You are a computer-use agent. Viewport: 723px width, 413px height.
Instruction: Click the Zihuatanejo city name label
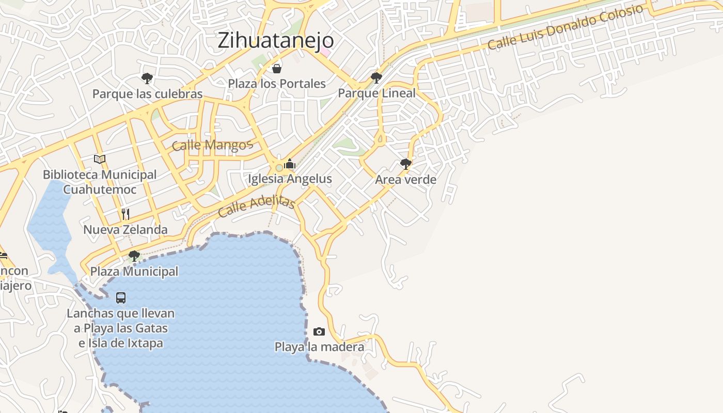276,40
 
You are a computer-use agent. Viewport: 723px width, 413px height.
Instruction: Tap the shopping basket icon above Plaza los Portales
277,69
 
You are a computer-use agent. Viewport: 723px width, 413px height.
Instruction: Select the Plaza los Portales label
277,84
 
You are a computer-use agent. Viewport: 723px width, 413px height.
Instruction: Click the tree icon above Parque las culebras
147,78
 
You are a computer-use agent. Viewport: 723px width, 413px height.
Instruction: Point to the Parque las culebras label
147,94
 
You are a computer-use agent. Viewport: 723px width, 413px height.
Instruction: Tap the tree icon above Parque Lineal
376,78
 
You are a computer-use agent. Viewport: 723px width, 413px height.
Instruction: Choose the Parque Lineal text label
376,93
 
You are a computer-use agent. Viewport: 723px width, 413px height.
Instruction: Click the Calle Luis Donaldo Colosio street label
565,27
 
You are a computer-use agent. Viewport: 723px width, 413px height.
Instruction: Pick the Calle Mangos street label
212,145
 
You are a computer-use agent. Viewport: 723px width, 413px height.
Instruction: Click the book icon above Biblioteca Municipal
100,159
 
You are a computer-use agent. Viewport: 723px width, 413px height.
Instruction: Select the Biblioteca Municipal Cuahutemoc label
100,182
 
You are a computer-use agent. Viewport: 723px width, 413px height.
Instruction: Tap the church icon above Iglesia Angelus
290,164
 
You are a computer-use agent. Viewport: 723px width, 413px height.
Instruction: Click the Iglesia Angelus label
290,179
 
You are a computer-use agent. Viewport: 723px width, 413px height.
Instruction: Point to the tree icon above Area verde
406,164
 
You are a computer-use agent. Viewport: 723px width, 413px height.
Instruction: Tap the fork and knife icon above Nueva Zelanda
125,214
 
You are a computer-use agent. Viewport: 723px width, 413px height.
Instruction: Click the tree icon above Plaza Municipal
134,256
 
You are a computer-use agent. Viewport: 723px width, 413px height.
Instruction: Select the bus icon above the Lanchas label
121,297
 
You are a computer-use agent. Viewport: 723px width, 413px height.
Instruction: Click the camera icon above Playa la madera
319,331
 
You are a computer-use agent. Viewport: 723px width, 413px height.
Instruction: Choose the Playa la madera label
319,347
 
